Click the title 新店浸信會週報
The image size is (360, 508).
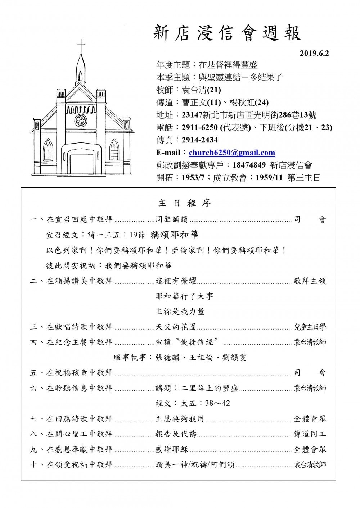[x=227, y=33]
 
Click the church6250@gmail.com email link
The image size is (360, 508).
[x=232, y=153]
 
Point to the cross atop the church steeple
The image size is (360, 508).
[x=81, y=46]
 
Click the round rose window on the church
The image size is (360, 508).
[x=81, y=120]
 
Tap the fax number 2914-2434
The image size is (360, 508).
[x=200, y=140]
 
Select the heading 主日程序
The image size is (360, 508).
[x=185, y=203]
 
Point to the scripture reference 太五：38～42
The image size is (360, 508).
[x=193, y=403]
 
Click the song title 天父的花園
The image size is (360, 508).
[x=176, y=327]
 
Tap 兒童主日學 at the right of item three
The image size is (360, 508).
[x=310, y=327]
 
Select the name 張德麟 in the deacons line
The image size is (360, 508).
[x=167, y=358]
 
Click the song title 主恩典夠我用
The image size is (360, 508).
[x=180, y=419]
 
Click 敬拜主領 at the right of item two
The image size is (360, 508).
[x=310, y=281]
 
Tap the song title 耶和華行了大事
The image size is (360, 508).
[x=184, y=296]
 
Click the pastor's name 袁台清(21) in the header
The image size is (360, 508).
[x=202, y=90]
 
